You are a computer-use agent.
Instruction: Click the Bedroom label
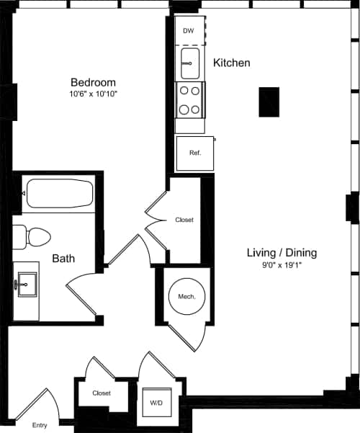[93, 82]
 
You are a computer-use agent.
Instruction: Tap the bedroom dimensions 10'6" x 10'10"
[93, 94]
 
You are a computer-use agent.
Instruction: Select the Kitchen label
[232, 63]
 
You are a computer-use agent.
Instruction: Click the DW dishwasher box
[189, 31]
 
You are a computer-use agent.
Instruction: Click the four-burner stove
[190, 100]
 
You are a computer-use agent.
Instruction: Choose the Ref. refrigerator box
[194, 153]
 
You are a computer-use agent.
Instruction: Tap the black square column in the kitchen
[269, 102]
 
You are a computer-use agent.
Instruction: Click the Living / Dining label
[282, 253]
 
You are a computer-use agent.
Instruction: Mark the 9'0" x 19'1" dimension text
[282, 266]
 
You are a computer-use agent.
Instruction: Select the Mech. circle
[186, 295]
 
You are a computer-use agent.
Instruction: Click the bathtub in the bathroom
[60, 194]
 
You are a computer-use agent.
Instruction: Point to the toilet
[32, 236]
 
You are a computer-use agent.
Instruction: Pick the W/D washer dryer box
[155, 401]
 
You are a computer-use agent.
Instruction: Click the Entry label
[40, 425]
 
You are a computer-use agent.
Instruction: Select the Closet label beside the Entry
[101, 393]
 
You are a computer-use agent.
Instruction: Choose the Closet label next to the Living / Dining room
[184, 220]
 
